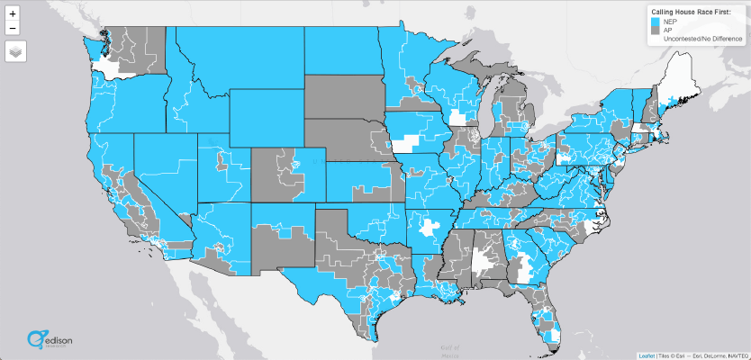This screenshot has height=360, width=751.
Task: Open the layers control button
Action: tap(15, 51)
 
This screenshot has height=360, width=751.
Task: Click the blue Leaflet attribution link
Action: tap(646, 355)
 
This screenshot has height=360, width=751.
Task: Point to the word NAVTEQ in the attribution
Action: tap(732, 355)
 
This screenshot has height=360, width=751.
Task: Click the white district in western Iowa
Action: tap(406, 142)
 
